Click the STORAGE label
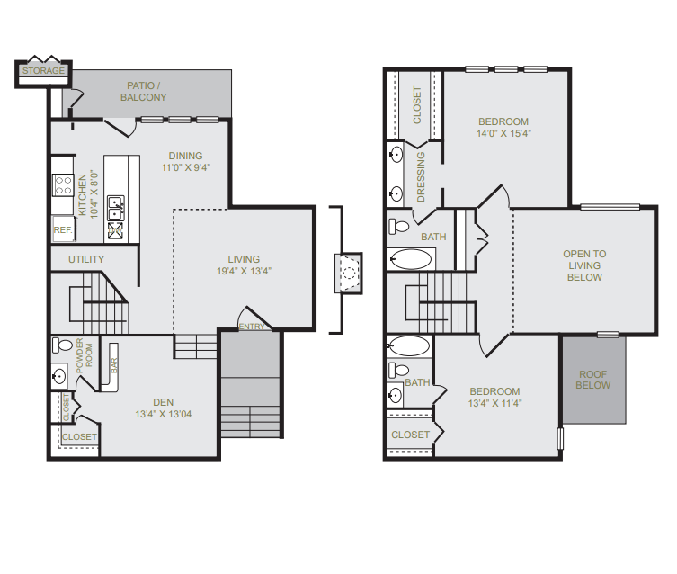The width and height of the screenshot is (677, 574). [x=43, y=70]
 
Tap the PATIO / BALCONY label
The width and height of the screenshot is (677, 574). [x=143, y=91]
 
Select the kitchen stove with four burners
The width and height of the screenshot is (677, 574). [x=63, y=184]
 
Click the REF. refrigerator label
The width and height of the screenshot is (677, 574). [x=63, y=229]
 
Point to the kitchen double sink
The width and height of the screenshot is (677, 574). [x=116, y=208]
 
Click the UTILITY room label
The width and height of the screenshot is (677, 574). [x=86, y=259]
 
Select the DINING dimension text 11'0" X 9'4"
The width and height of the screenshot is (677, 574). [x=185, y=167]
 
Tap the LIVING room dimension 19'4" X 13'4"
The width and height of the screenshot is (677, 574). [x=244, y=271]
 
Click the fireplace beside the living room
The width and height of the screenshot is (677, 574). [x=349, y=273]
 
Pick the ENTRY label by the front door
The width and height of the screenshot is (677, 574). [x=251, y=327]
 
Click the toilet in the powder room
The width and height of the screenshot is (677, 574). [x=62, y=345]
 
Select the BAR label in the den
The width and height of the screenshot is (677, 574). [x=114, y=366]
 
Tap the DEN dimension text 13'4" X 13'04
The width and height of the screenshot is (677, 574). [x=164, y=414]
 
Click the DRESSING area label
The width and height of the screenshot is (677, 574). [x=421, y=176]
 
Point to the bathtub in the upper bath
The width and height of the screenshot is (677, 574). [x=410, y=259]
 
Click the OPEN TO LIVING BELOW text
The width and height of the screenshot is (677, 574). [x=584, y=265]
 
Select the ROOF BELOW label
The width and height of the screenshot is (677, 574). [x=592, y=380]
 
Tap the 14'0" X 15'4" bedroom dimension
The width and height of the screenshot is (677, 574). [x=503, y=133]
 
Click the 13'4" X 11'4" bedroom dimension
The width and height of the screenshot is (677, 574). [x=494, y=403]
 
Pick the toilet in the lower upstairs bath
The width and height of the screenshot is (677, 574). [x=398, y=370]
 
